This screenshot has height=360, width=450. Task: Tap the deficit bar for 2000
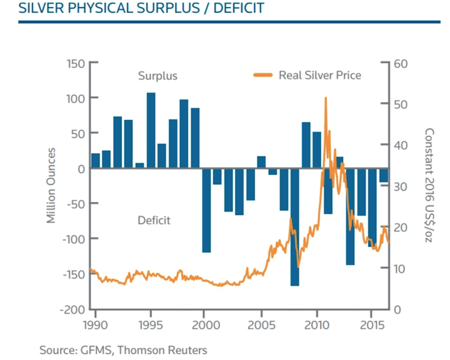pos(206,210)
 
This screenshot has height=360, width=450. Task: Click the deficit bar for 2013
pos(350,216)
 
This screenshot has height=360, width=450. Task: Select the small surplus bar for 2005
pos(261,162)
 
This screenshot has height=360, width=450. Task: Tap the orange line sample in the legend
pos(263,75)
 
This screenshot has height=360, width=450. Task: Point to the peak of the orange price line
pos(326,98)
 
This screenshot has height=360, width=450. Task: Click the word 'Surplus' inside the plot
pos(157,76)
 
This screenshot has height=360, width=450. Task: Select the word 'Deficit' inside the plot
pos(154,220)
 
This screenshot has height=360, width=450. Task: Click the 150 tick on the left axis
pos(76,64)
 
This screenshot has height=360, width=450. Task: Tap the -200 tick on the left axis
pos(73,309)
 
